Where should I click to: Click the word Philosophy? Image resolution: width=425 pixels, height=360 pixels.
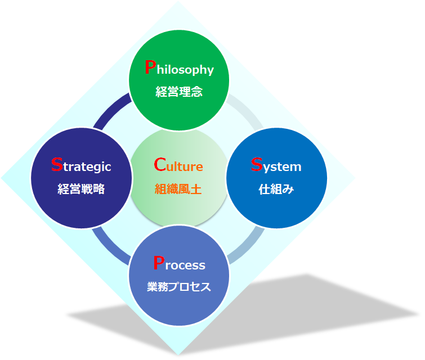point(179,67)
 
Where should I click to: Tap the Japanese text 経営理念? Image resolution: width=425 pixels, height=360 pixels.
point(179,92)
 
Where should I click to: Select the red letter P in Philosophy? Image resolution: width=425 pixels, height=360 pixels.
point(150,67)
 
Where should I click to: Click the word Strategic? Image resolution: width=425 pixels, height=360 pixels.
point(81,165)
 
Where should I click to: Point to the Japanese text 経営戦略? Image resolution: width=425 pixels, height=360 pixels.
point(81,189)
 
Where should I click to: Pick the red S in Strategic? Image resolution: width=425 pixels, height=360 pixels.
point(57,164)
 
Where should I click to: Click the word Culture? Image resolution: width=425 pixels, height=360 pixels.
point(178,164)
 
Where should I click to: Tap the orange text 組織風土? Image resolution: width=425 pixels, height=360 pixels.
point(178,189)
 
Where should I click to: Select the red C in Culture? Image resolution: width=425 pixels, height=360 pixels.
point(160,164)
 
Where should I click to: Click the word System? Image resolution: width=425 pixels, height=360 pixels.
point(276,165)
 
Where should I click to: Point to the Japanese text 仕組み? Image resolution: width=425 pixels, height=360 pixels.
point(276,189)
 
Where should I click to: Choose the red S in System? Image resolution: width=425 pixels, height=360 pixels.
point(257,164)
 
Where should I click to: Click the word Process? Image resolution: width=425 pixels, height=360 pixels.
point(179,263)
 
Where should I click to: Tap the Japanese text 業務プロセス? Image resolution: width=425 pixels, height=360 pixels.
point(179,286)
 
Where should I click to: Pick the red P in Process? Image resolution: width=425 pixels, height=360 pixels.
point(159,263)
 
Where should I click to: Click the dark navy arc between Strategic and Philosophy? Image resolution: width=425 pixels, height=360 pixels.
point(110,109)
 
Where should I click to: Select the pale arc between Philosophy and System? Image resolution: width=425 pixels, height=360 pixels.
point(247,109)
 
